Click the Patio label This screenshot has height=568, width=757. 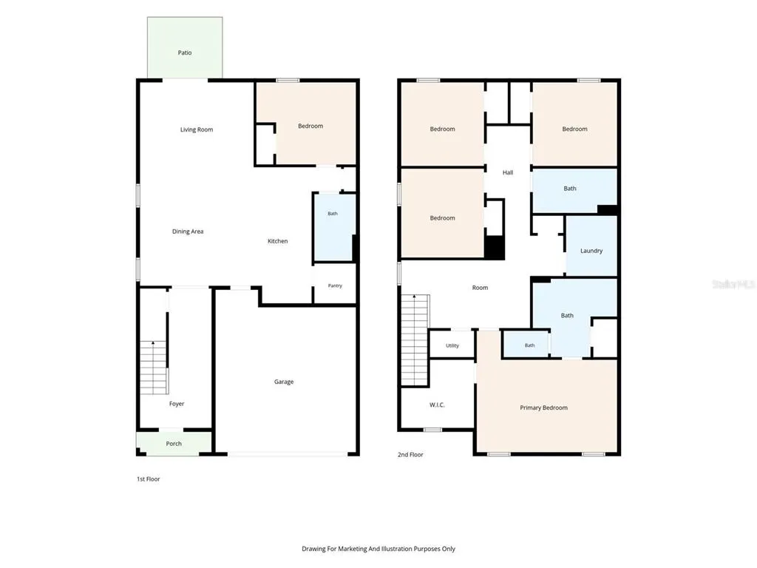click(185, 53)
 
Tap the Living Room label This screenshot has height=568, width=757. click(197, 129)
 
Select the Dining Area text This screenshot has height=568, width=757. click(188, 231)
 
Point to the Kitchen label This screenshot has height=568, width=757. click(278, 241)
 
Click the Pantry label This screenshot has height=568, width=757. click(335, 285)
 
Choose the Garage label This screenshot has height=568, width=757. click(284, 382)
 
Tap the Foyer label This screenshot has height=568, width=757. click(177, 404)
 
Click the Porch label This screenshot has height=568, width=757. click(174, 444)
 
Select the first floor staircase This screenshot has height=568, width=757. click(154, 368)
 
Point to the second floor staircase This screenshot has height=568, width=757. click(415, 340)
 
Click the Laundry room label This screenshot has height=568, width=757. click(591, 251)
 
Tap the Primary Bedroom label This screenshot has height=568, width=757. click(543, 408)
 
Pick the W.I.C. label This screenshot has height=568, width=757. click(437, 405)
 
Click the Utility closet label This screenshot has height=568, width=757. click(452, 345)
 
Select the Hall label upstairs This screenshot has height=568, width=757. click(508, 172)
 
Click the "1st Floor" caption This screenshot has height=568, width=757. click(148, 479)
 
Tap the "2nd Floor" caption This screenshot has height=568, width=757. click(410, 455)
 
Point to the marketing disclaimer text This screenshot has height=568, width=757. click(378, 549)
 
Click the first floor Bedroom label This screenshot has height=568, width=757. click(310, 126)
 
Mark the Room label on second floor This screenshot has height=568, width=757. click(480, 288)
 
